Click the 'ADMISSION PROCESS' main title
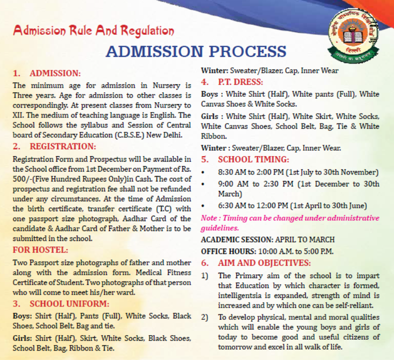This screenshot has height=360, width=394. (x=196, y=51)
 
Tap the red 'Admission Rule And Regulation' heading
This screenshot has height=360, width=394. (x=94, y=31)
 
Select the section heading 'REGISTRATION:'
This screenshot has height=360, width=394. (x=62, y=146)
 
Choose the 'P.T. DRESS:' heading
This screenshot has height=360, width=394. (x=240, y=82)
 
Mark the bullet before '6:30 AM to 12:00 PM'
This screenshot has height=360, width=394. (x=204, y=206)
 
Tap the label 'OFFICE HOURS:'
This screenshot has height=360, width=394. (x=228, y=251)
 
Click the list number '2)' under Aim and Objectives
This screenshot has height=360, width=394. (x=205, y=317)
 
